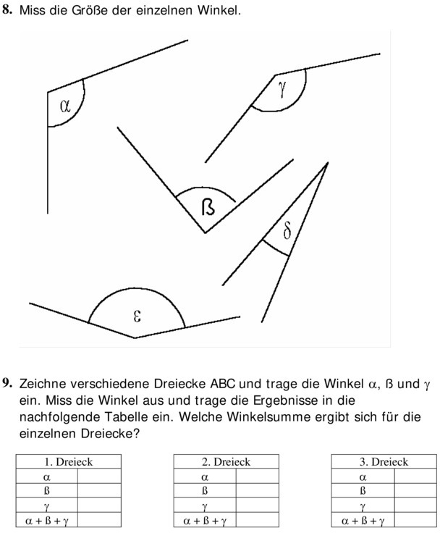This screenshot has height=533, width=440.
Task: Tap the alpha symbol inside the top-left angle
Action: [65, 106]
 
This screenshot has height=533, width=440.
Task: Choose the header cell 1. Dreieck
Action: [69, 462]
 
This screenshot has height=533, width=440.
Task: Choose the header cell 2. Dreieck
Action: [226, 462]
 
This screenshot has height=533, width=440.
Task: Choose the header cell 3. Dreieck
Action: [384, 462]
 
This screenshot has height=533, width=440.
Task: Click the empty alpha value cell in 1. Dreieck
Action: [99, 477]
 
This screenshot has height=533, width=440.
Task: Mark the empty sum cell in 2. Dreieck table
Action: [257, 521]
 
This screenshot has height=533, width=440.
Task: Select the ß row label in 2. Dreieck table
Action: [205, 491]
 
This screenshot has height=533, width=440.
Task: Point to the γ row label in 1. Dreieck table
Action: [47, 506]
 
